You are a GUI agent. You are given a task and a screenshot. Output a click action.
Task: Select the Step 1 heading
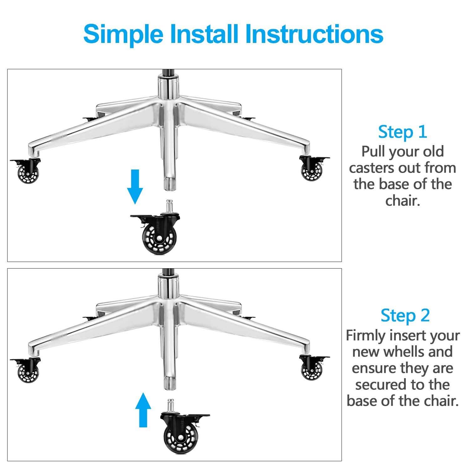coord(402,132)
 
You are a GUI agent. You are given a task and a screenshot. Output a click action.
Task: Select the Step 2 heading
coord(405,316)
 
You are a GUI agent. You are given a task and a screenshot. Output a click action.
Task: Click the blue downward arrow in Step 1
coord(135,187)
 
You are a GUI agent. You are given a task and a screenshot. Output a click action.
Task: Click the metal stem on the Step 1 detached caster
coord(170,206)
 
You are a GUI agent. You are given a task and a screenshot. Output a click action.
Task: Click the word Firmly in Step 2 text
coord(365,336)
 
